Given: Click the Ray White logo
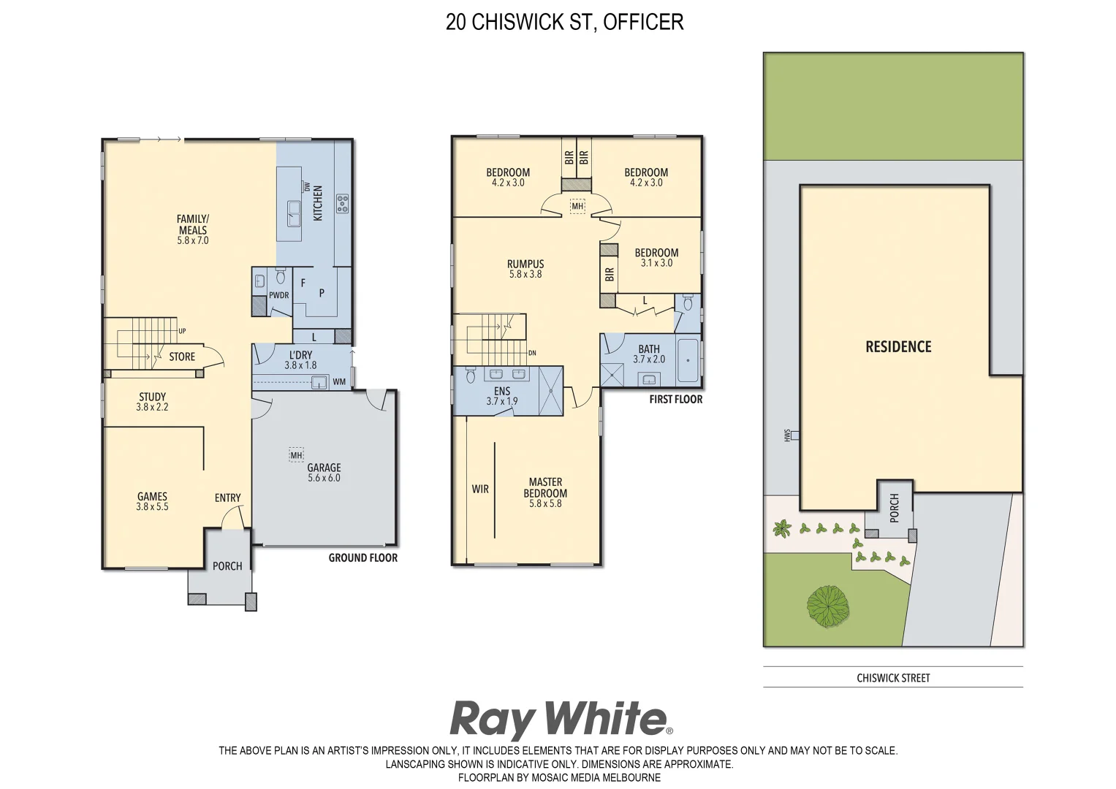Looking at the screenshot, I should pos(560,719).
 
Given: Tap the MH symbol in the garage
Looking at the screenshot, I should pos(296,455).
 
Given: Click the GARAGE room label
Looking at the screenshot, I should pos(324,468).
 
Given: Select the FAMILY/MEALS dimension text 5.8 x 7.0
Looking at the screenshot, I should pos(193,240).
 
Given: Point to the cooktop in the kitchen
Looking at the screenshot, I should pos(341,203).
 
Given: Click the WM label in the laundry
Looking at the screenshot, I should pos(339,382).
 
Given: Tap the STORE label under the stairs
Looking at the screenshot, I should pos(182,357).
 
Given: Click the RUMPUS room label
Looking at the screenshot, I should pos(525,264).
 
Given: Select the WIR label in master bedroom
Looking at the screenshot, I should pos(480,489).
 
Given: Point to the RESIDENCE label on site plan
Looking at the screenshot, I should pos(898,347).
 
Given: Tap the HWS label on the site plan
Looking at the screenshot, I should pos(787,435).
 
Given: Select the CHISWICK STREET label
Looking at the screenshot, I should pos(893,678).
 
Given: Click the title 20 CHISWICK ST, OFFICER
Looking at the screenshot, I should pos(564,23).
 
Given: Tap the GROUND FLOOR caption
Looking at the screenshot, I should pos(362,558).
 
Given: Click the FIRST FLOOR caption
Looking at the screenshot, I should pos(675,400).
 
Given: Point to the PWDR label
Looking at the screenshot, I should pos(278,295).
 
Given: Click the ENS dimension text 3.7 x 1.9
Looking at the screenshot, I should pos(502,402).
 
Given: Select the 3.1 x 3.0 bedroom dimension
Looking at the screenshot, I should pos(656,263).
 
